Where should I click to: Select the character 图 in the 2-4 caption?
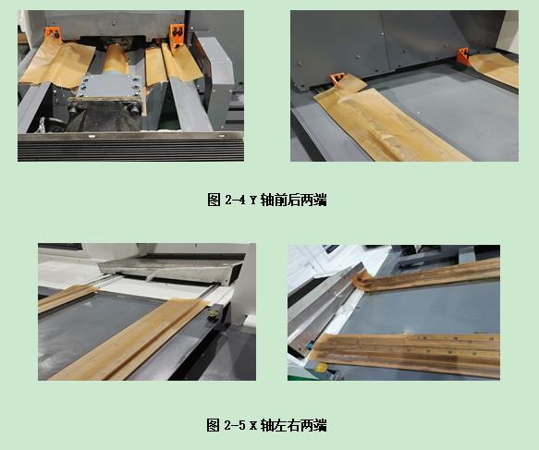click(213, 200)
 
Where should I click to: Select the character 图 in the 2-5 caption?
click(213, 426)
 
